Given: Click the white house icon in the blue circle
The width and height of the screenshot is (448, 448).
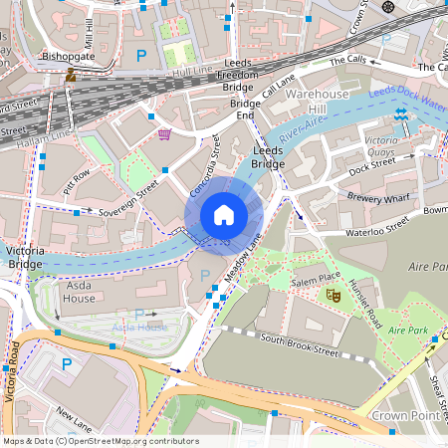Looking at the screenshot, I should (224, 214).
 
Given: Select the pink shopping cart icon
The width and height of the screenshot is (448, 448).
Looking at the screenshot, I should (164, 133).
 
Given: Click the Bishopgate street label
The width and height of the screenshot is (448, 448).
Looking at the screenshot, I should (67, 58).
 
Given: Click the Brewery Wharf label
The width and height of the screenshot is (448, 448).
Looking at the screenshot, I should (379, 197).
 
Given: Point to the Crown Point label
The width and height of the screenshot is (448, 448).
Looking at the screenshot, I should (403, 413).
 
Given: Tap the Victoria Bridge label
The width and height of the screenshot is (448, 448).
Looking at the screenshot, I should (25, 259).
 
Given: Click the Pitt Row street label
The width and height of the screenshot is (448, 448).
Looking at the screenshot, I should (77, 180).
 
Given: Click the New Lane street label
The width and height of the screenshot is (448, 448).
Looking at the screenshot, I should (74, 414).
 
